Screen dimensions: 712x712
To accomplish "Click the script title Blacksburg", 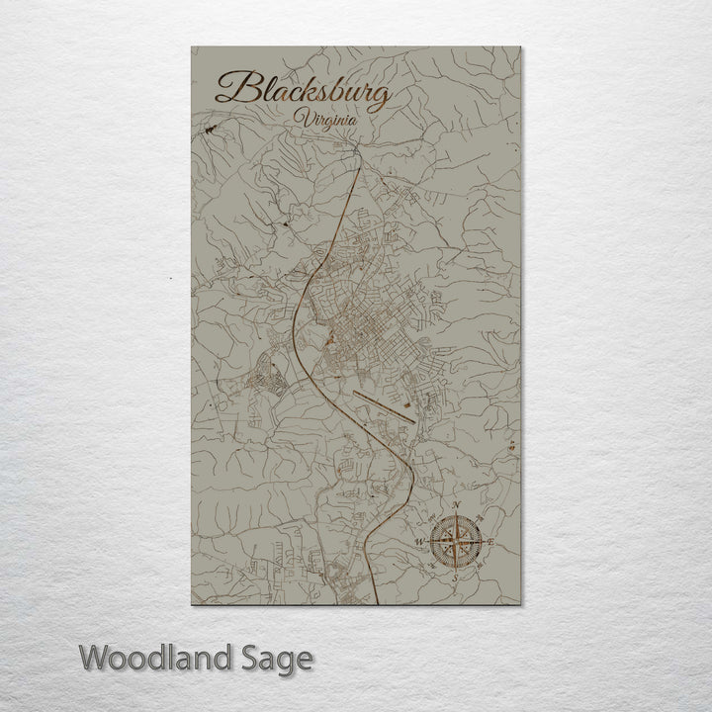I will (302, 92).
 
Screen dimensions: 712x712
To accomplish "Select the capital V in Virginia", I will (299, 120).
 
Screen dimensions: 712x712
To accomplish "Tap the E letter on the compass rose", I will (490, 541).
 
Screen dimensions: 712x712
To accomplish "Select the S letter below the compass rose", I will (455, 577).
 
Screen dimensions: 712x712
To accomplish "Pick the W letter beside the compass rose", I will (419, 543).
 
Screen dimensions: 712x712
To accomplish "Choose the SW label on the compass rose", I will (432, 566).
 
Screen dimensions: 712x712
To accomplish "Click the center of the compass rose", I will (455, 542).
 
